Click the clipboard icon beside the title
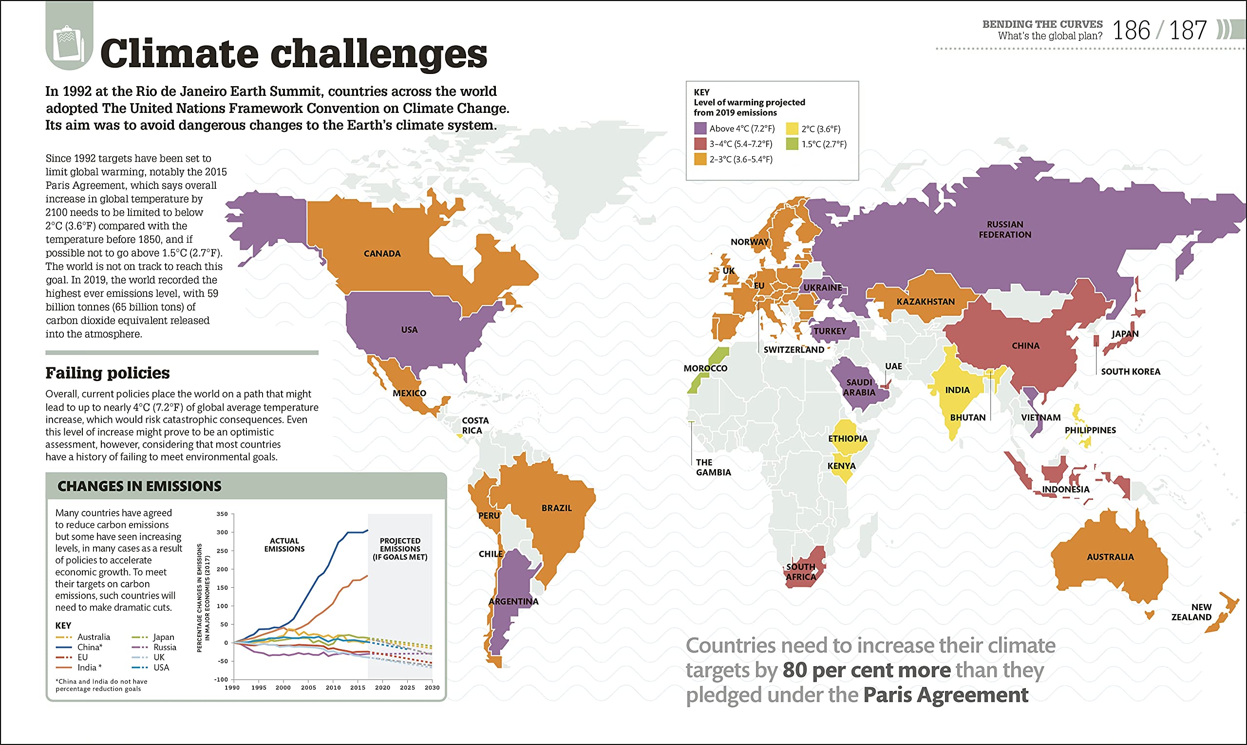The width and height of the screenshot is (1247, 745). (69, 42)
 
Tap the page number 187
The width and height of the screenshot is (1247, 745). (1188, 31)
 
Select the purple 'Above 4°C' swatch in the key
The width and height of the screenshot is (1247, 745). (700, 128)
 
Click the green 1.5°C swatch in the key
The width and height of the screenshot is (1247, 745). (793, 144)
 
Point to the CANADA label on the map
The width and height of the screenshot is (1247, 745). (382, 254)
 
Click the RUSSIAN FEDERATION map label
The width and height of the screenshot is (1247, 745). (1005, 229)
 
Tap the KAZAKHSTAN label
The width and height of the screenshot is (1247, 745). (926, 302)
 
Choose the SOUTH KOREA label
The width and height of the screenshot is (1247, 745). (1131, 371)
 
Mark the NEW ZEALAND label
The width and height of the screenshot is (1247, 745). (1191, 612)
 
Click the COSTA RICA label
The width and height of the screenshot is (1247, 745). (475, 425)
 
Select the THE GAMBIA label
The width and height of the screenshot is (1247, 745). (713, 467)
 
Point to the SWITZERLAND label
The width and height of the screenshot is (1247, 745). (794, 350)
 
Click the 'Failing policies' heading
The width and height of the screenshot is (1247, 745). (108, 373)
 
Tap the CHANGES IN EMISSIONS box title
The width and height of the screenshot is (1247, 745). (139, 486)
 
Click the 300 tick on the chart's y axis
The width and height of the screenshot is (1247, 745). (222, 532)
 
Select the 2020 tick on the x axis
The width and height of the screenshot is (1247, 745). (382, 688)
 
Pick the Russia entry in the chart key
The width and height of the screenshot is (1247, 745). (165, 648)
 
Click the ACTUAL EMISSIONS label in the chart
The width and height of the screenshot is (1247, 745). (284, 545)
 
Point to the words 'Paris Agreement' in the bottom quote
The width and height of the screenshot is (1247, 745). (945, 695)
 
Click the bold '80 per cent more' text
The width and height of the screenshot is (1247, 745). (866, 670)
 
